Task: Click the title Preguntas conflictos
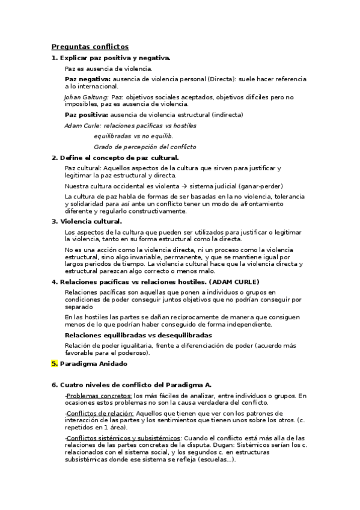pos(90,46)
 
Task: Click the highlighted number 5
pos(54,363)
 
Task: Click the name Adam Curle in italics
pos(82,126)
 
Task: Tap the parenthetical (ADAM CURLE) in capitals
pos(236,281)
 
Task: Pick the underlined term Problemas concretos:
pos(99,396)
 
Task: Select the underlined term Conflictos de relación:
pos(99,413)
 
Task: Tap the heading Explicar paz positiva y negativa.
pos(115,58)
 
